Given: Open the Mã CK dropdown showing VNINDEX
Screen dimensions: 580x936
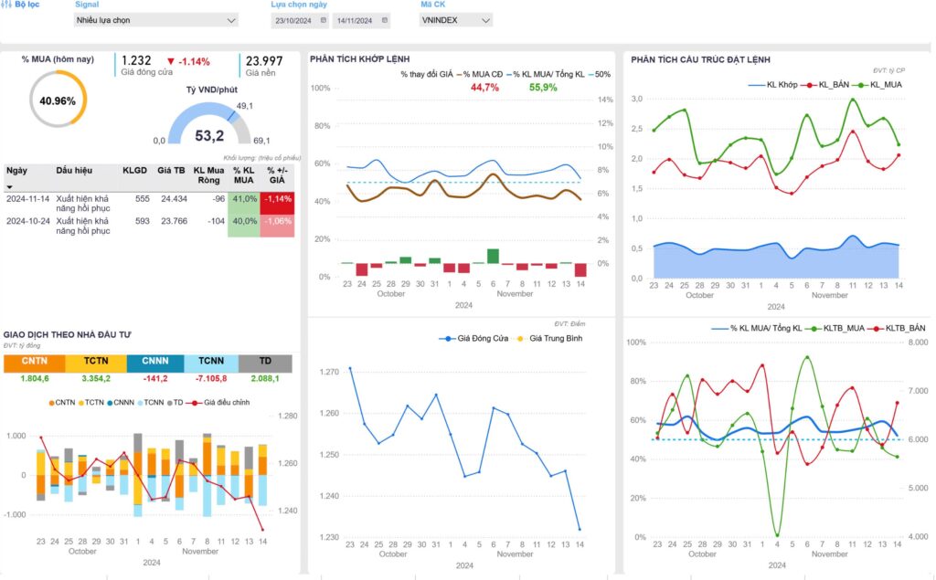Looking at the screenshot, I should pos(455,19).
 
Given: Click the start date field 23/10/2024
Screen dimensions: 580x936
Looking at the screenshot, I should pos(296,19).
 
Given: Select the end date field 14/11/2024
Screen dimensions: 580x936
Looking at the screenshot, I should pos(357,19).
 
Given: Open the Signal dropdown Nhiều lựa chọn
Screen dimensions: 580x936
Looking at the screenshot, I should pos(156,19).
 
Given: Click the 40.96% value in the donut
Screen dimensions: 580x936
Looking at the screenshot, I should pos(58,100).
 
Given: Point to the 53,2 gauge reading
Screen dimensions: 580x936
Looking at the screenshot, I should pos(209,135).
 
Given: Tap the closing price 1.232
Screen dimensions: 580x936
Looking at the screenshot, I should pos(136,60).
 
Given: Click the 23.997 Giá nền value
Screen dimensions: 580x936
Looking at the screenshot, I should pos(264,60).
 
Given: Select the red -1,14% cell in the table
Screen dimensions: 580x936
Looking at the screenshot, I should pos(279,198).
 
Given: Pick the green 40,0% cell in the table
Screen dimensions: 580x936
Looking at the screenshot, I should pos(243,221).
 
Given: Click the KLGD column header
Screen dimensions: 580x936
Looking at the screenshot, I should pos(135,170).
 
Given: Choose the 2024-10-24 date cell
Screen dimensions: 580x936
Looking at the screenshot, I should pos(27,221).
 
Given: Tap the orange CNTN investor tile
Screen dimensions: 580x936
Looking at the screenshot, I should pos(34,364).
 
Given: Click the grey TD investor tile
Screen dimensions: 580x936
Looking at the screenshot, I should pos(265,364).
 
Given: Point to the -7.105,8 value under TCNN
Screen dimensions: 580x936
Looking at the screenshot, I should pos(211,378).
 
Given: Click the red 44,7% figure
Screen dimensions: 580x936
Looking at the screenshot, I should pos(484,88).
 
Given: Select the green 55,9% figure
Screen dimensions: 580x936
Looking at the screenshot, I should pos(543,88).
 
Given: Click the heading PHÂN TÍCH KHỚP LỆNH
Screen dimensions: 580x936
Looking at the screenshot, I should pos(359,59).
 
